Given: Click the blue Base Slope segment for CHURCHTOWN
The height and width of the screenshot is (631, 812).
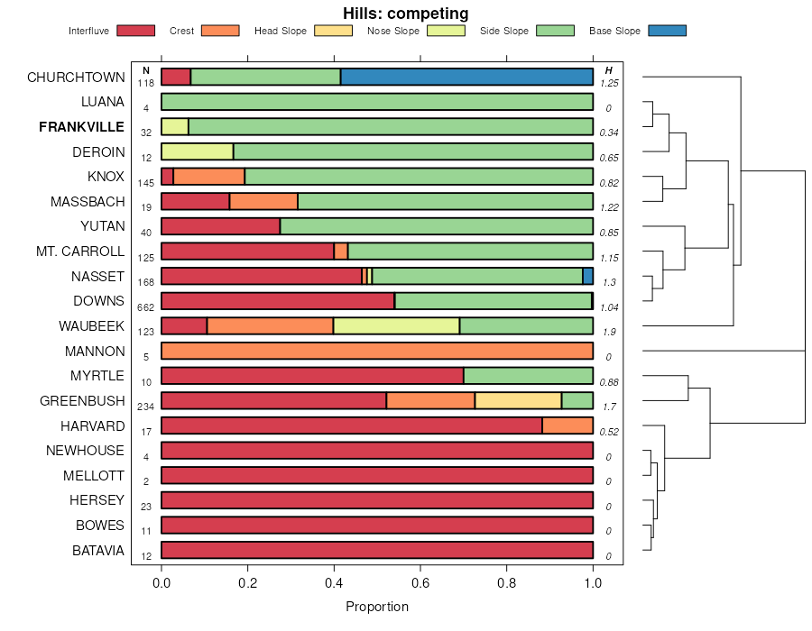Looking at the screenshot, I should [x=466, y=78].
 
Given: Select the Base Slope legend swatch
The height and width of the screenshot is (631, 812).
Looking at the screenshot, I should [x=666, y=31].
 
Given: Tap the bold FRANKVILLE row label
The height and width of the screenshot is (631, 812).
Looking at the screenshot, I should [x=82, y=127].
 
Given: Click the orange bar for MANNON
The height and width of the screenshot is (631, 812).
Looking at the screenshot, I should [x=377, y=351].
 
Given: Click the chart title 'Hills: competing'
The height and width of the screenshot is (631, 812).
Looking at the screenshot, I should [x=405, y=14].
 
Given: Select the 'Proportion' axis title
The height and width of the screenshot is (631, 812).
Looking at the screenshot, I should [x=377, y=607].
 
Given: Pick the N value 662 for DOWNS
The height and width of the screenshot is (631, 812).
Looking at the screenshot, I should [x=146, y=307].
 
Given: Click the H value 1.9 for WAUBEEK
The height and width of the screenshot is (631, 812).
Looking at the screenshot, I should [x=609, y=332].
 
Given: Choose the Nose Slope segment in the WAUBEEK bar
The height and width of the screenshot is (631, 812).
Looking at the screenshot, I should [x=396, y=325].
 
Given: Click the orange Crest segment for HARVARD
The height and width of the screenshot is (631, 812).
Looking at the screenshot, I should [x=567, y=425].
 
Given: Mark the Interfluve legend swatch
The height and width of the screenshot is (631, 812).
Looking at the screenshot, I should [x=134, y=31].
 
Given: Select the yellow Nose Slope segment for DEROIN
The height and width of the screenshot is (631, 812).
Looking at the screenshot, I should [x=198, y=151].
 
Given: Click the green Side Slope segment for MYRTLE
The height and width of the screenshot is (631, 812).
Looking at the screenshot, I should [x=528, y=376].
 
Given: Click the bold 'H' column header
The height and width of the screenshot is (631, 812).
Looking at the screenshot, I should [x=609, y=70].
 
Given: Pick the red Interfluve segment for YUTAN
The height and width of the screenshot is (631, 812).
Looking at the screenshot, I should [x=220, y=226].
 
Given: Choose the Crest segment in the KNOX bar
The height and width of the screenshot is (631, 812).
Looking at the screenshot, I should [x=208, y=177].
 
